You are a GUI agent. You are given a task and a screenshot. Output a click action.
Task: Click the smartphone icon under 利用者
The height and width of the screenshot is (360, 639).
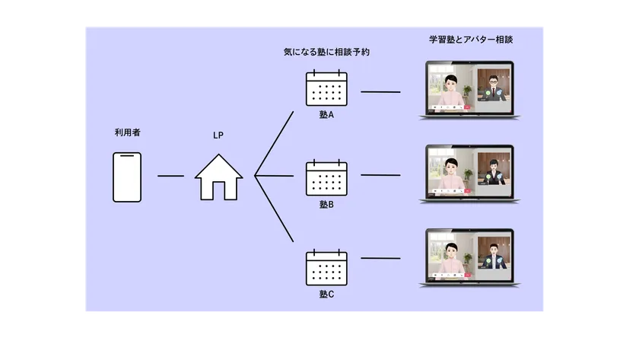coord(127,177)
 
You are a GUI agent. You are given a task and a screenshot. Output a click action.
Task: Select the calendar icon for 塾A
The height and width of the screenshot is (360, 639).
coord(326,88)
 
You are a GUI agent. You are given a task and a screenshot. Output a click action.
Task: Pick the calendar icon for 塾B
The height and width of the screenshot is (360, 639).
coord(326,178)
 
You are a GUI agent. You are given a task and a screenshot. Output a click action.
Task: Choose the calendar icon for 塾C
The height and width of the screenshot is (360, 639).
coord(326,267)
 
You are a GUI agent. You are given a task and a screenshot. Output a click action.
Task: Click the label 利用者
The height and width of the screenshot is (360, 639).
coord(128,132)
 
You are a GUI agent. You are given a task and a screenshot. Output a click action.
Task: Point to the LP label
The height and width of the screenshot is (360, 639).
coord(218,135)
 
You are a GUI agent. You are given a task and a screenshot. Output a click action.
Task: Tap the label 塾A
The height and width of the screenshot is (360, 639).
coord(326,115)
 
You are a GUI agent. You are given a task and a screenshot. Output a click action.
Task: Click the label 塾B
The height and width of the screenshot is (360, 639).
coord(326,205)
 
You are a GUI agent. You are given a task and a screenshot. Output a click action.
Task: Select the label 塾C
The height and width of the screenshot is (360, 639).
coord(326,295)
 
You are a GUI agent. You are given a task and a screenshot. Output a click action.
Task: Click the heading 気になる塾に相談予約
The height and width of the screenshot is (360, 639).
coord(326,53)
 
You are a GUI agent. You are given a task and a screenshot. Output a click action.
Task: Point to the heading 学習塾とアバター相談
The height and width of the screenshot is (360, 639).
coord(471,40)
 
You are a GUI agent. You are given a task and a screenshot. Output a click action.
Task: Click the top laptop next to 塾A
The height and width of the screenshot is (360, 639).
coord(469,90)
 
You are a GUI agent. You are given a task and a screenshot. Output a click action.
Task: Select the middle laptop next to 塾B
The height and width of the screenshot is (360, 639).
coord(469,174)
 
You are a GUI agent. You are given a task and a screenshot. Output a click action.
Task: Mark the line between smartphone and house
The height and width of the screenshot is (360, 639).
coord(170,176)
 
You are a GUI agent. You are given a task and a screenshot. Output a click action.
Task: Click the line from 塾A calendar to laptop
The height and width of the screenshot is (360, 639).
coord(380,92)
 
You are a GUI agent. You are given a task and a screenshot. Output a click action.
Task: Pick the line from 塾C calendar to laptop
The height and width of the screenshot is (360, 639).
coord(380,258)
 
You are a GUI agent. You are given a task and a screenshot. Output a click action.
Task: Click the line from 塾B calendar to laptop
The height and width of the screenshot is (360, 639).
coord(380,175)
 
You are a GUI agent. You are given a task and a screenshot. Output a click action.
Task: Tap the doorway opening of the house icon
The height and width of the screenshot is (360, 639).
coord(219,190)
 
